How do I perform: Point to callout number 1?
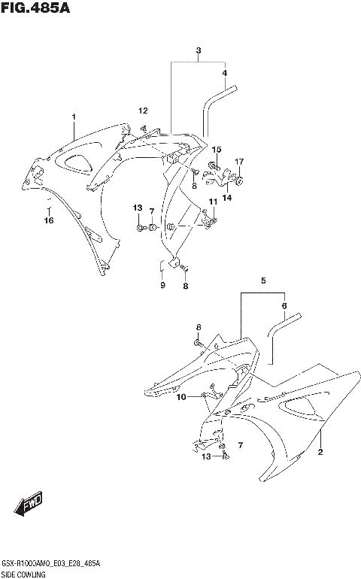click(x=74, y=117)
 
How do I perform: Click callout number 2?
click(x=320, y=452)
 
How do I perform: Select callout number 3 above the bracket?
click(x=199, y=50)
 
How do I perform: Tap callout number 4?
click(x=224, y=73)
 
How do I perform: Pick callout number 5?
click(x=263, y=280)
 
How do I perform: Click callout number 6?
click(x=284, y=305)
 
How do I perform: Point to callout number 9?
click(x=162, y=285)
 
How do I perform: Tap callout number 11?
click(x=214, y=202)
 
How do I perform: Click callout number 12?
click(x=143, y=111)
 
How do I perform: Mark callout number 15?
click(x=216, y=150)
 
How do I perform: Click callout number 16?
click(x=48, y=220)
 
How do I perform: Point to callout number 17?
click(x=239, y=162)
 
